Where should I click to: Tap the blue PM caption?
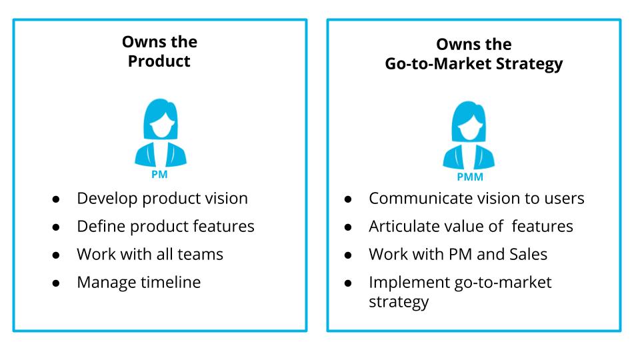(x=160, y=175)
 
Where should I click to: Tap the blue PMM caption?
(x=469, y=177)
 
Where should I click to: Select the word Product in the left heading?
(x=159, y=61)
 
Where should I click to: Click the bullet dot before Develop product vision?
(x=57, y=199)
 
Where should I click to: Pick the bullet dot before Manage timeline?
(x=57, y=283)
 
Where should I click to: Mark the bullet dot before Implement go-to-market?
(x=349, y=283)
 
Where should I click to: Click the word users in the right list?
(x=564, y=199)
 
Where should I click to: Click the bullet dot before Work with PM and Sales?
(x=349, y=255)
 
